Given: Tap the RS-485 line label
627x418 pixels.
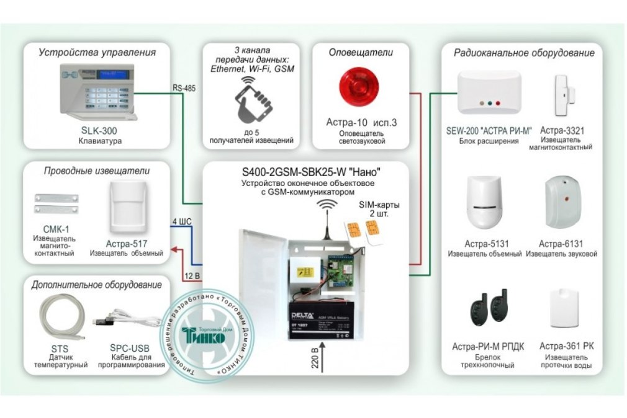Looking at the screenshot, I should click(x=184, y=88).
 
